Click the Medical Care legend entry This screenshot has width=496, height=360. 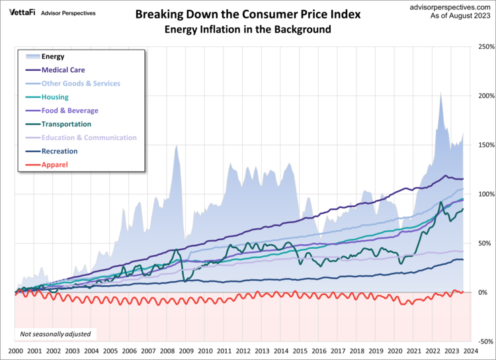pyautogui.click(x=63, y=70)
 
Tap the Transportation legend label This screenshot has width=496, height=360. pyautogui.click(x=66, y=124)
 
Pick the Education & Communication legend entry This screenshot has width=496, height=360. pyautogui.click(x=89, y=138)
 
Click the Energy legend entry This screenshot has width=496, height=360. pyautogui.click(x=53, y=57)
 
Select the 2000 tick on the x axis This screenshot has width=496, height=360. pyautogui.click(x=15, y=351)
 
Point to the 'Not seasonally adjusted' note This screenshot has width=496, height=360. pyautogui.click(x=55, y=334)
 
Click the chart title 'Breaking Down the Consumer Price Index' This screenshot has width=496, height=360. pyautogui.click(x=248, y=14)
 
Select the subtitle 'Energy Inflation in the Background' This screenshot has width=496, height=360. pyautogui.click(x=248, y=30)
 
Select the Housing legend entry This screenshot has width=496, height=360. pyautogui.click(x=55, y=97)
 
